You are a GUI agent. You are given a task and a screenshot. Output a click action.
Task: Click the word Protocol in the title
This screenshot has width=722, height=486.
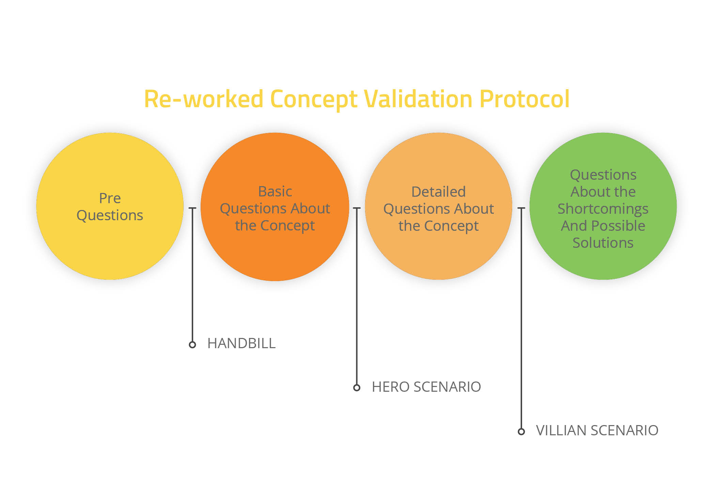click(x=524, y=99)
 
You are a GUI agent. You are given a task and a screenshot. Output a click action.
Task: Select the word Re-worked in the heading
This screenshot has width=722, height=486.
click(x=204, y=99)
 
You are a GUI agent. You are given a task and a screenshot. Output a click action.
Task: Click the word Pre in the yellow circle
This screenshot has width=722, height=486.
click(x=110, y=198)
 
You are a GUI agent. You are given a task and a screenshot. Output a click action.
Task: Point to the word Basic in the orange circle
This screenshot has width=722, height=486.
click(x=275, y=192)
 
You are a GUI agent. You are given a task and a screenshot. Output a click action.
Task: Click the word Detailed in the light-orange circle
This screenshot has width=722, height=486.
click(x=438, y=192)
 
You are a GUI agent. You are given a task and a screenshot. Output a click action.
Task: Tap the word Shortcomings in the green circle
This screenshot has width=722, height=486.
click(x=603, y=209)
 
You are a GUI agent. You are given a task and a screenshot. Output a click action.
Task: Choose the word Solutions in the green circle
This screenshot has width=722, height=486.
click(x=603, y=243)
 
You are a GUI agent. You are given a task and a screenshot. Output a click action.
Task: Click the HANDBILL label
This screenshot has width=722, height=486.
click(x=241, y=344)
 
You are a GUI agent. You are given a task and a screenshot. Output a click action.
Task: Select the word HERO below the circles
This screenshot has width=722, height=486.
click(x=390, y=387)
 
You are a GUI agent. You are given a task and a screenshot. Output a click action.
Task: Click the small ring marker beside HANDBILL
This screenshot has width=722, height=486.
click(x=192, y=345)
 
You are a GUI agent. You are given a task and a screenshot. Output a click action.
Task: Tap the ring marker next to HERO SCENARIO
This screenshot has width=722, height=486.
click(x=357, y=388)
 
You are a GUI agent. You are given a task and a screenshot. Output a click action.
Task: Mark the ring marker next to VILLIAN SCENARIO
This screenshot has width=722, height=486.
click(x=521, y=432)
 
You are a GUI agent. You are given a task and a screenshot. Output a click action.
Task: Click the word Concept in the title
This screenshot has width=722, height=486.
click(x=313, y=99)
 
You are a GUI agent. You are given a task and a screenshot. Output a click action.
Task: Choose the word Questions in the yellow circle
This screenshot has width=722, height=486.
click(x=110, y=215)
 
